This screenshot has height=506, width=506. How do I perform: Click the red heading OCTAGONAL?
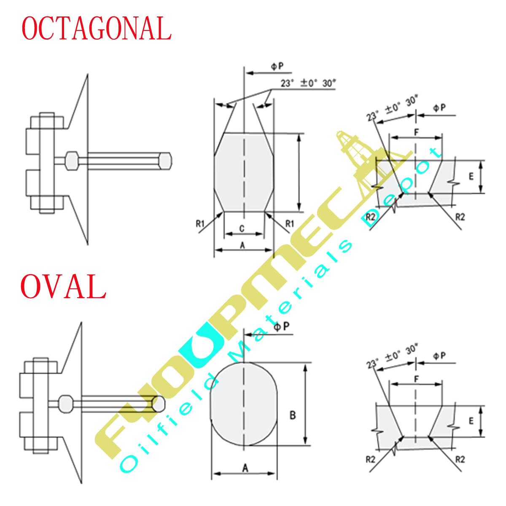tap(96, 29)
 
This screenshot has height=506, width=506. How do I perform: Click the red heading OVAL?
tap(63, 287)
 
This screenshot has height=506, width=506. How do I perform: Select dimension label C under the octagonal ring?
tap(242, 229)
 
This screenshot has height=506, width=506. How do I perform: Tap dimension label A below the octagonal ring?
tap(242, 245)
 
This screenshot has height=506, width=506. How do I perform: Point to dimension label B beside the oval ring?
tap(293, 415)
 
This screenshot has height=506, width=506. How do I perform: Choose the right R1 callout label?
tap(289, 223)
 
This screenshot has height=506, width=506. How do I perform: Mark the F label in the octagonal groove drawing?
tap(416, 132)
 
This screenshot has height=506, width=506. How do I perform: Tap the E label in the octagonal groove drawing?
tap(471, 176)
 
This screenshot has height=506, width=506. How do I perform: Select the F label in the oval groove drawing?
tap(416, 379)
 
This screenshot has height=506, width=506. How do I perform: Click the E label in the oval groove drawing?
tap(471, 421)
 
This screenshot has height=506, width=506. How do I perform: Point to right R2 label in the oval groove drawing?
tap(460, 459)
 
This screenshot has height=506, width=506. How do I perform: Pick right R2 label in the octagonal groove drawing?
tap(460, 217)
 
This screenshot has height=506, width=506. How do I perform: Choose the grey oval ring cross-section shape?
tap(244, 404)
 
